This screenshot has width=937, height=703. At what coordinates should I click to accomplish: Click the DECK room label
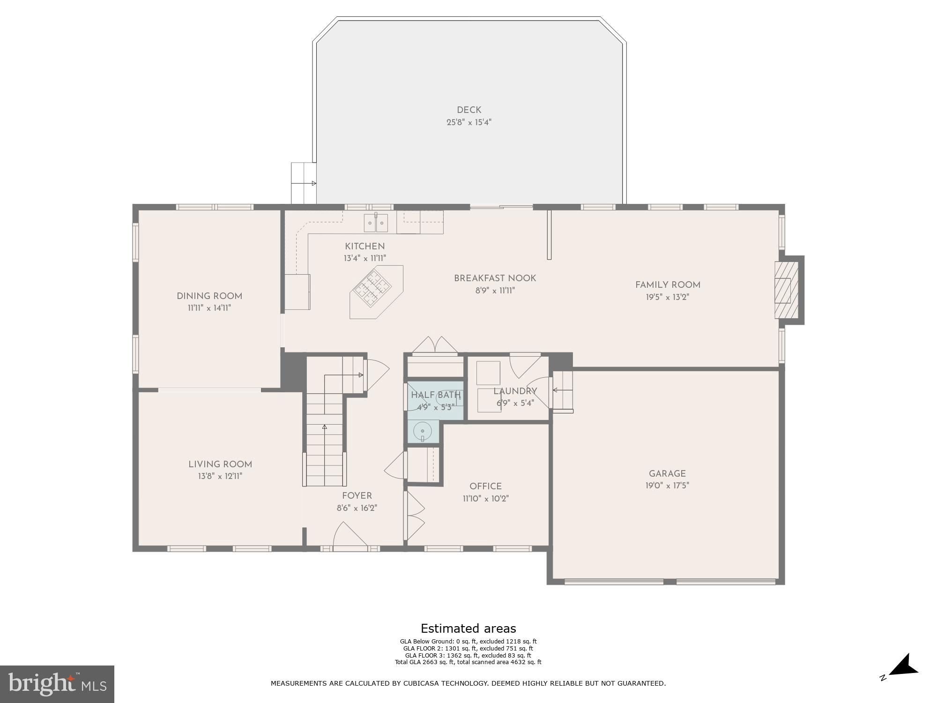click(469, 110)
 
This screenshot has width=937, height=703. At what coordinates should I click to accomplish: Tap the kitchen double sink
click(376, 223)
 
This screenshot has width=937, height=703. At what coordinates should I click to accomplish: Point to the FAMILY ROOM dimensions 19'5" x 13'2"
click(668, 297)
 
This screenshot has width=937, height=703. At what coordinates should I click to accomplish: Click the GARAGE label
click(667, 474)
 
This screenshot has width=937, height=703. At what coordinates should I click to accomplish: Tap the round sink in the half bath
click(423, 431)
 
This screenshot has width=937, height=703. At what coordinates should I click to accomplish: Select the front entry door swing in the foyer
click(349, 535)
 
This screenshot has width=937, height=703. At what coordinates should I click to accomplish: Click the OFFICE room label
click(485, 486)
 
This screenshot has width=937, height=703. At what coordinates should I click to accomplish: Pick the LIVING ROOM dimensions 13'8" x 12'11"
click(220, 476)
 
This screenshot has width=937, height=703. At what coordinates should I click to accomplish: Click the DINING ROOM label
click(209, 296)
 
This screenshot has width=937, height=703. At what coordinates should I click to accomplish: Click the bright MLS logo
click(57, 684)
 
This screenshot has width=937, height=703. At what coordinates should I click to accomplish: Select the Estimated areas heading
click(468, 628)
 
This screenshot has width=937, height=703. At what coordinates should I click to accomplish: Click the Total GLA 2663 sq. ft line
click(468, 662)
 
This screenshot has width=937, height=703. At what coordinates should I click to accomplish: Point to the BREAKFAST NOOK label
click(495, 278)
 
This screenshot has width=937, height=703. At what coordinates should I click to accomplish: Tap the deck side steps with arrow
click(304, 183)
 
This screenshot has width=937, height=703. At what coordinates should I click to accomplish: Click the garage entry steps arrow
click(562, 390)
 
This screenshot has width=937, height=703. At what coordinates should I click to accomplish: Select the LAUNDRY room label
click(515, 391)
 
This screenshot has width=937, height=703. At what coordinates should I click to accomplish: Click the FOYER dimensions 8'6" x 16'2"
click(357, 508)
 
